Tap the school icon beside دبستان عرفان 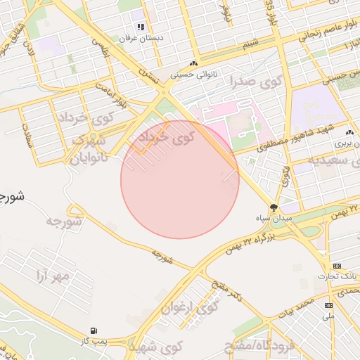(x=141, y=27)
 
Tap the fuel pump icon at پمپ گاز (x=94, y=330)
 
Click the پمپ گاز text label (x=94, y=340)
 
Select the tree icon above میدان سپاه (x=274, y=207)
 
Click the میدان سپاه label (x=274, y=219)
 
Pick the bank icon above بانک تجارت (x=337, y=266)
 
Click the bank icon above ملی (x=328, y=305)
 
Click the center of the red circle (x=180, y=179)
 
